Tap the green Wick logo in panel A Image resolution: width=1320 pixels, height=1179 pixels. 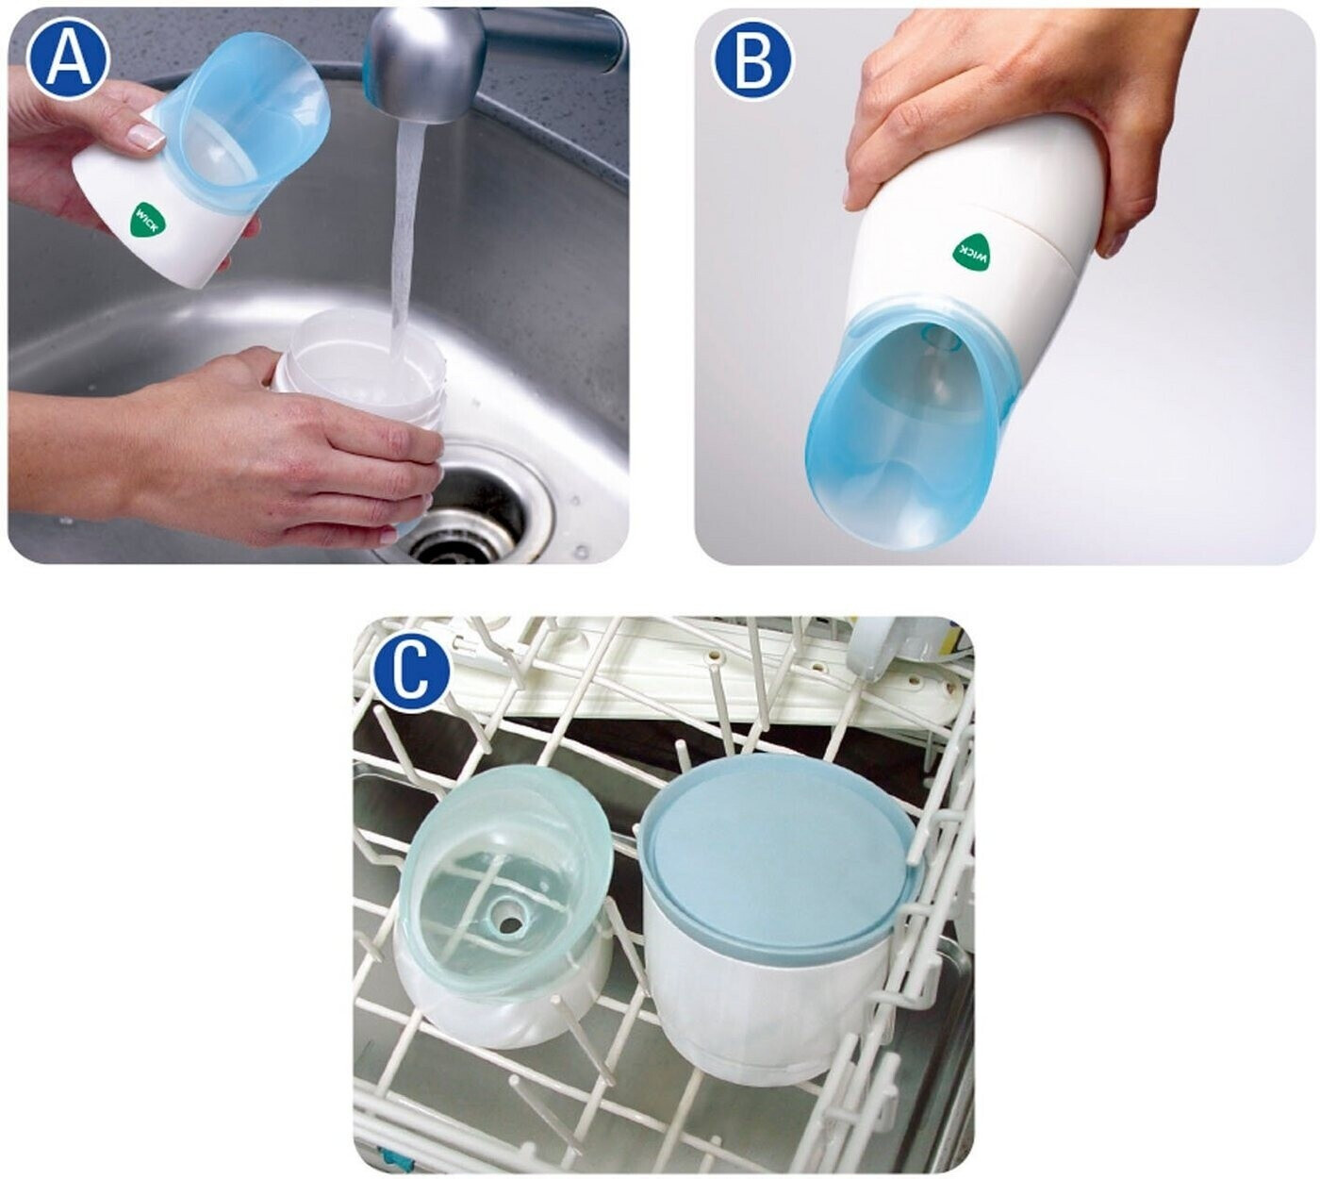tap(148, 220)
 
